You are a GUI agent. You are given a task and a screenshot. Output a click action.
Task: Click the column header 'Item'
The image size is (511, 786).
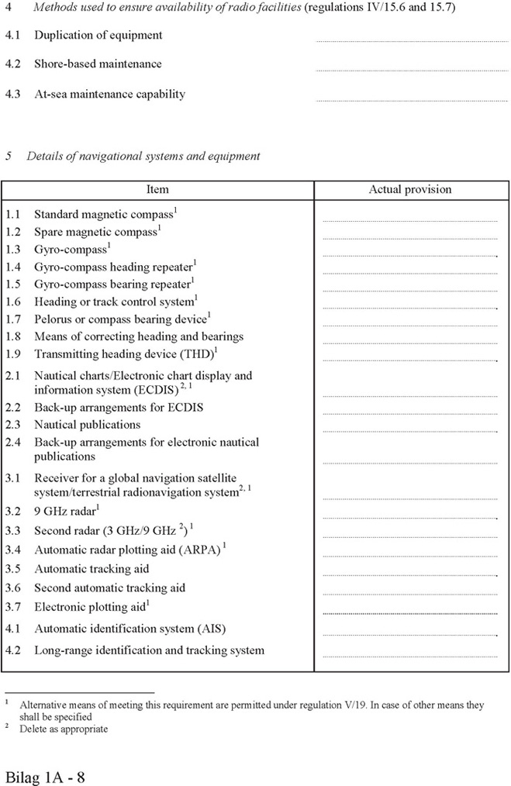pyautogui.click(x=157, y=189)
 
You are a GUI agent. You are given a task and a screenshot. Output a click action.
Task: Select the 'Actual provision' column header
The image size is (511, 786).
pyautogui.click(x=409, y=189)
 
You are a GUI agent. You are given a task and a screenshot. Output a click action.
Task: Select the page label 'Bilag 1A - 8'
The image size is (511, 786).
pyautogui.click(x=45, y=776)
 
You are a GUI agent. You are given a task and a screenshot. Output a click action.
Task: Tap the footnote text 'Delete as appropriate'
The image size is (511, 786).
pyautogui.click(x=64, y=729)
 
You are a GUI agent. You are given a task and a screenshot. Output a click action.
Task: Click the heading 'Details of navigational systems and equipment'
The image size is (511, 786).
pyautogui.click(x=143, y=156)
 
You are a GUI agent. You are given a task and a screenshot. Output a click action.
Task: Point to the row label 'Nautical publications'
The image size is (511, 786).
pyautogui.click(x=87, y=425)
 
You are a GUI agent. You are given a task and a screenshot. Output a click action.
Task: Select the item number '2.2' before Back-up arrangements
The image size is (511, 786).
pyautogui.click(x=13, y=407)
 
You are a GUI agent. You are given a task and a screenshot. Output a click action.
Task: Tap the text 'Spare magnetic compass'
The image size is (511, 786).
pyautogui.click(x=95, y=232)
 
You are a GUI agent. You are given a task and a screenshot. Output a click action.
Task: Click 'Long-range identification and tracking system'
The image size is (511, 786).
pyautogui.click(x=149, y=650)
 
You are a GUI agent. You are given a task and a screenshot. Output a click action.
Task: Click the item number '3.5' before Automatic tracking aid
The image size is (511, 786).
pyautogui.click(x=13, y=569)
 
